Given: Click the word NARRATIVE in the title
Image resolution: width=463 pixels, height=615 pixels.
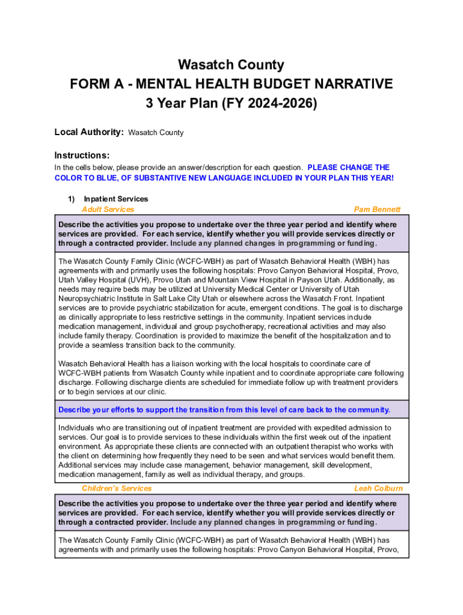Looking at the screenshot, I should click(345, 83).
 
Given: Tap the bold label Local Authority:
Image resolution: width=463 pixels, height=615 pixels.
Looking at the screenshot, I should click(89, 132).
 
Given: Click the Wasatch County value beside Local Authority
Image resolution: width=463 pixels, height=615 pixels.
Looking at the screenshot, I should click(156, 133).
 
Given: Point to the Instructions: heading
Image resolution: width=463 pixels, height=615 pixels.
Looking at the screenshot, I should click(82, 155).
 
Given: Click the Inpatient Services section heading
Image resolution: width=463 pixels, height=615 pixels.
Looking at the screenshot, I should click(115, 199).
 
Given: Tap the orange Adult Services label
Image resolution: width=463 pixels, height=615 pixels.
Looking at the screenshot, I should click(108, 210).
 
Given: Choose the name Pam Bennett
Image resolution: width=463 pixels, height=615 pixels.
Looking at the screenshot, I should click(377, 210).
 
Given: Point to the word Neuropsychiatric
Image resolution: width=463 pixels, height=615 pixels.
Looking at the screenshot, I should click(84, 299).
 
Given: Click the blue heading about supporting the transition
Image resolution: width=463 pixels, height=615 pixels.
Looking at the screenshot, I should click(224, 410).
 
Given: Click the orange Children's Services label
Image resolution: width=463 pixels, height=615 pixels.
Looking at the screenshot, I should click(117, 488).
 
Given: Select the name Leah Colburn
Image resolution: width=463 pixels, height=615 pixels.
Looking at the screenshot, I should click(378, 488).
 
